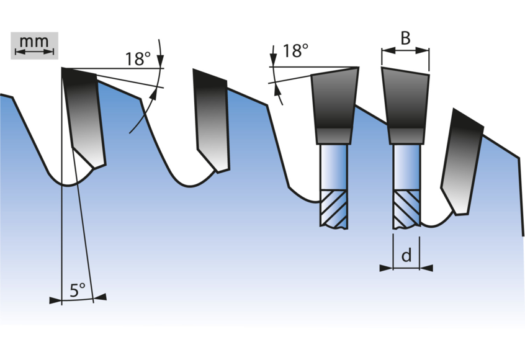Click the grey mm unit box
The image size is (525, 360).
click(35, 45)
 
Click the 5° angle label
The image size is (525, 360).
click(78, 290)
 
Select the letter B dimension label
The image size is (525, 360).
click(405, 38)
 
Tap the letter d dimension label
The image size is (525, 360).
click(406, 256)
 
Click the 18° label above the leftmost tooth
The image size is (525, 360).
click(138, 58)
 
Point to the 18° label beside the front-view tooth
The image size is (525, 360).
click(295, 51)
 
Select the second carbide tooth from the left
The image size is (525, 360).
click(212, 120)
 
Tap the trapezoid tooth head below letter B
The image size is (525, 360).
click(406, 106)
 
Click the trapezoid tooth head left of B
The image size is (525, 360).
click(334, 106)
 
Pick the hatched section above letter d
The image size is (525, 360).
click(406, 209)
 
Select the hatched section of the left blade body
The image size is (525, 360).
click(334, 209)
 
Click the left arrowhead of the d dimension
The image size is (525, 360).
click(386, 268)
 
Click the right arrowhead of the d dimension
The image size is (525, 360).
click(426, 268)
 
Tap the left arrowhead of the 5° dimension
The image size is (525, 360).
click(56, 300)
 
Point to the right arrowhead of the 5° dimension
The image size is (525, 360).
click(100, 297)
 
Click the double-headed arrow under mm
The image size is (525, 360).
click(35, 52)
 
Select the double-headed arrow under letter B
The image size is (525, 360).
click(405, 50)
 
